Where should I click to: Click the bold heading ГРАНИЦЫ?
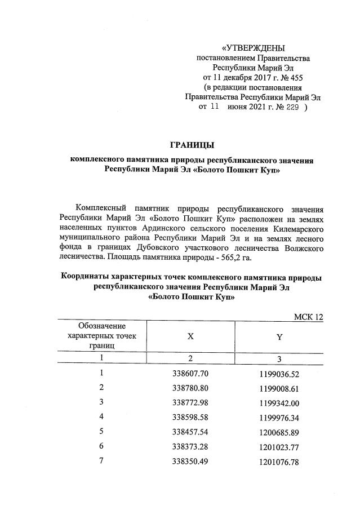(192, 146)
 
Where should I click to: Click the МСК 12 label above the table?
(309, 317)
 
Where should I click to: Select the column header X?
(190, 336)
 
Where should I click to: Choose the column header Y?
(279, 336)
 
